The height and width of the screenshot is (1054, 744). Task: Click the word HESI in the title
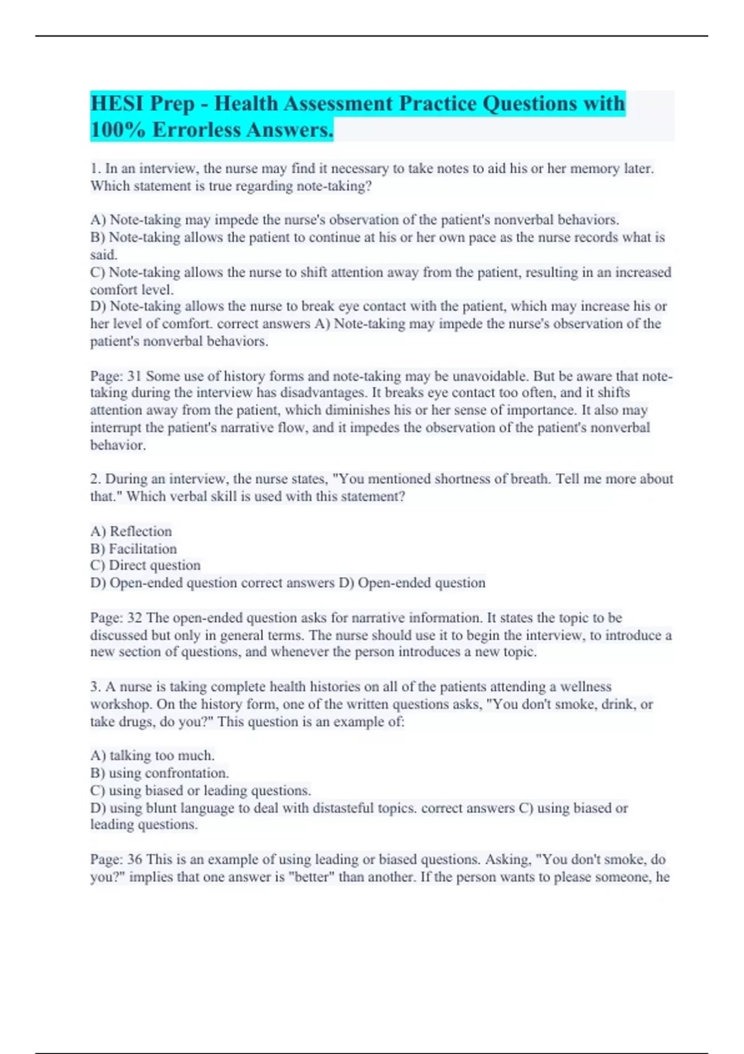[x=116, y=103]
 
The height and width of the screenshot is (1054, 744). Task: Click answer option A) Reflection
[x=131, y=531]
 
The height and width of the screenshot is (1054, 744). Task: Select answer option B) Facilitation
[x=133, y=549]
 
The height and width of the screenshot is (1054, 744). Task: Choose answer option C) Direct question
[x=145, y=565]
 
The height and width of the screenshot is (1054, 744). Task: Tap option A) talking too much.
[x=153, y=756]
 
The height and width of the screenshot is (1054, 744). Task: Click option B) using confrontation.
[x=159, y=773]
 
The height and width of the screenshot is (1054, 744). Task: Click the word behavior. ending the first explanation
[x=118, y=445]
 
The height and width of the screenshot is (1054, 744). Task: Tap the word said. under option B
[x=104, y=255]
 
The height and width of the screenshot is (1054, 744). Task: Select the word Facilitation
[x=143, y=549]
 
